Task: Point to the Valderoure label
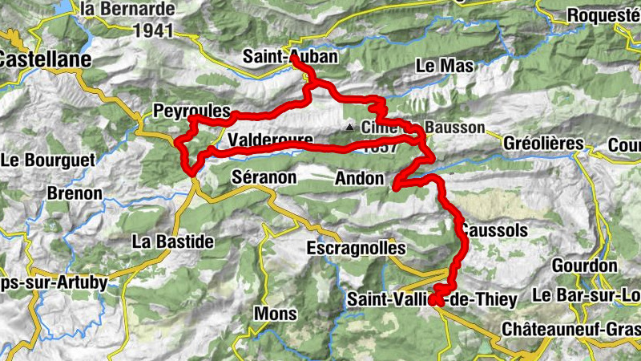point(269,140)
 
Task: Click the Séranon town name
point(264,176)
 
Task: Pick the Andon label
point(361,179)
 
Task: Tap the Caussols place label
point(494,231)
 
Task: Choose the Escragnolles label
point(356,249)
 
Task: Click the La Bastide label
point(173,241)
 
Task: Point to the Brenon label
point(75,194)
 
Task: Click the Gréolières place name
point(543,144)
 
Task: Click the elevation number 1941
point(155,30)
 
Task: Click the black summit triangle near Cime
point(349,128)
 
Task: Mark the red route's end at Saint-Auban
point(294,59)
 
